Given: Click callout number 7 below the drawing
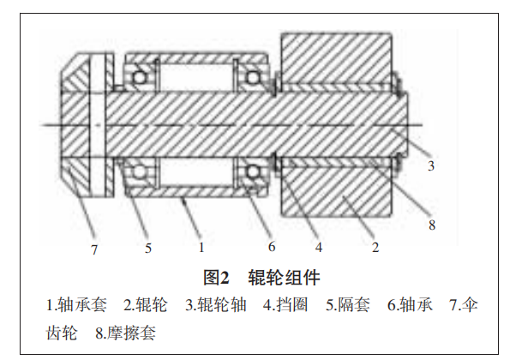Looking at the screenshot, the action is (94, 249).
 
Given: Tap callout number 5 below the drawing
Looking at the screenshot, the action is (148, 248).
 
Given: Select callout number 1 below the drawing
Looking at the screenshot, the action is (201, 248).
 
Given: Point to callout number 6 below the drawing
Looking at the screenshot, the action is (272, 247).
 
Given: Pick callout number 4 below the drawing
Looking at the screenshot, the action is (319, 247).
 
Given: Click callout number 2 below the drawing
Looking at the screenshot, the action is (375, 248).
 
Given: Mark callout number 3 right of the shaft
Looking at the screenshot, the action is (431, 165).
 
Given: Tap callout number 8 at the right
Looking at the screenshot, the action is (432, 225).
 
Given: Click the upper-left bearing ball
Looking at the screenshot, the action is (140, 77).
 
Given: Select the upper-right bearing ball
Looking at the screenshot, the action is (252, 77).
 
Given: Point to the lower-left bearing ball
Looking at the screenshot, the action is (140, 171).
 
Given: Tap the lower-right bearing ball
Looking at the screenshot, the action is (253, 171).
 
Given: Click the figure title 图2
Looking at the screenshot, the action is (216, 278).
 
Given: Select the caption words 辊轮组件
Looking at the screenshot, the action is (284, 278).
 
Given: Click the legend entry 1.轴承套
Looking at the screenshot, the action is (76, 305).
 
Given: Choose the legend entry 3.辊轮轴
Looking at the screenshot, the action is (216, 305).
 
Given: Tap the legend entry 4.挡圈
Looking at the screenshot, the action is (285, 305).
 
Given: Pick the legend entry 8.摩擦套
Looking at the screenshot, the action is (125, 333).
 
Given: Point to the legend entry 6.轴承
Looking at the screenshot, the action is (410, 305).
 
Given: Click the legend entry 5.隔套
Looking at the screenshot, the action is (348, 305).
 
